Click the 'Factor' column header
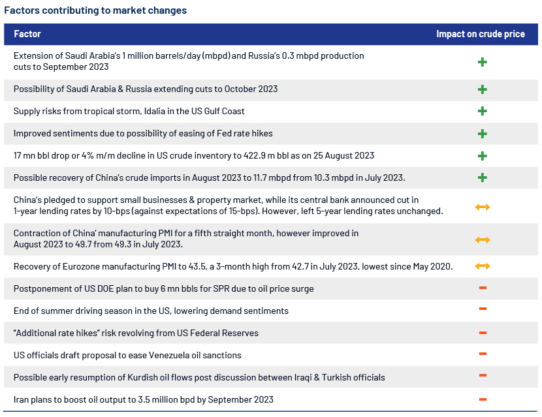(x=27, y=34)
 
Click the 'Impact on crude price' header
(x=481, y=34)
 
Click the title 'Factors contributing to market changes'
(x=95, y=10)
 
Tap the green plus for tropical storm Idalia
(x=482, y=111)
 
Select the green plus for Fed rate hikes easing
(x=482, y=134)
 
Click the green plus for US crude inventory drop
(x=482, y=156)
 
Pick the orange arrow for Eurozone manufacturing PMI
(x=483, y=266)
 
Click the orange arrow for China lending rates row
(x=483, y=207)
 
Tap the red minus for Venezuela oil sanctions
(x=483, y=354)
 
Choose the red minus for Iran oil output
(x=483, y=399)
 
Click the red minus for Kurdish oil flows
(x=483, y=375)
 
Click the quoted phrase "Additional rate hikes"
(x=57, y=333)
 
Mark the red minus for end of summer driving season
(x=483, y=309)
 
